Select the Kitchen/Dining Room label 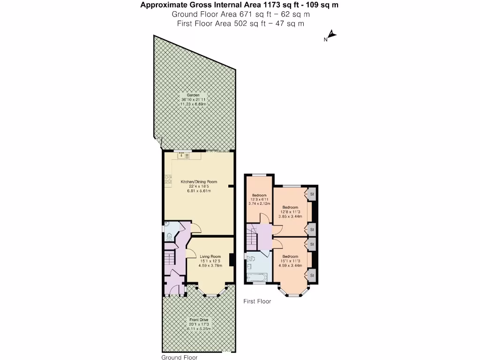tap(199, 181)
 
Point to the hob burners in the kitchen tap(168, 179)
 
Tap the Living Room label tap(210, 256)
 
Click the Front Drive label tap(198, 320)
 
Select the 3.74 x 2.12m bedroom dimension tap(259, 203)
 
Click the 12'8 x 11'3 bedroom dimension tap(290, 212)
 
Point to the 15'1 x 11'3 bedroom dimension tap(290, 261)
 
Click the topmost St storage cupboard tap(312, 193)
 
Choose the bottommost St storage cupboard tap(312, 275)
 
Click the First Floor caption tap(257, 301)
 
